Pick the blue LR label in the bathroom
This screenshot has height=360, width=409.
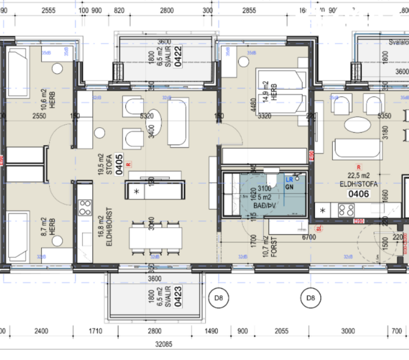point(289,180)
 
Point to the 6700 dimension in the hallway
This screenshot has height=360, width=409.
point(309,237)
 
